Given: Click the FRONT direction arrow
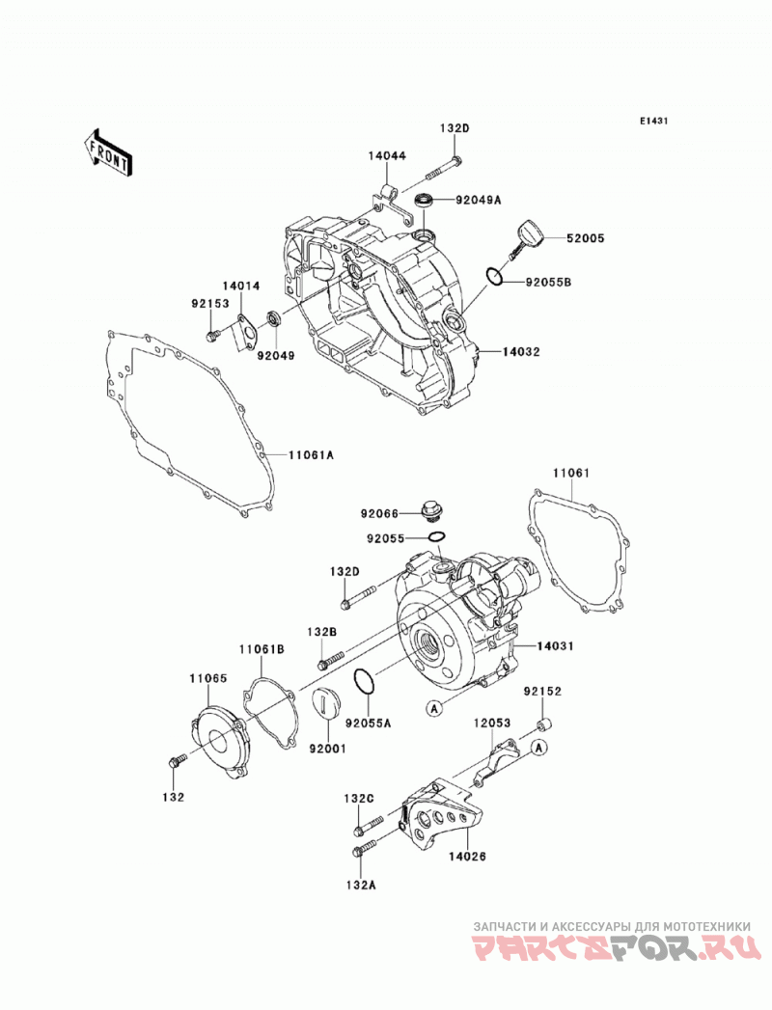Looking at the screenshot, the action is (x=108, y=152).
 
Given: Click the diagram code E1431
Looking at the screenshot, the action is (x=653, y=121).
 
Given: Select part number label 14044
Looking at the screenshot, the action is (x=387, y=156).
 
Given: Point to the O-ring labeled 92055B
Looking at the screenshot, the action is (x=496, y=276).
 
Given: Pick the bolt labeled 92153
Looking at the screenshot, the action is (x=212, y=335).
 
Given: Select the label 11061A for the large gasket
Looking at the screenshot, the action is (x=311, y=454).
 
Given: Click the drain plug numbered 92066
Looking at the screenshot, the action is (x=429, y=512).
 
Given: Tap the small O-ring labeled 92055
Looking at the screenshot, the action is (x=436, y=536).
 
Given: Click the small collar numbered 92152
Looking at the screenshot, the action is (x=544, y=723).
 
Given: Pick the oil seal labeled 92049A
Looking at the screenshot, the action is (x=424, y=201).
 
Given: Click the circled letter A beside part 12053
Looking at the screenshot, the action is (x=539, y=748).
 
